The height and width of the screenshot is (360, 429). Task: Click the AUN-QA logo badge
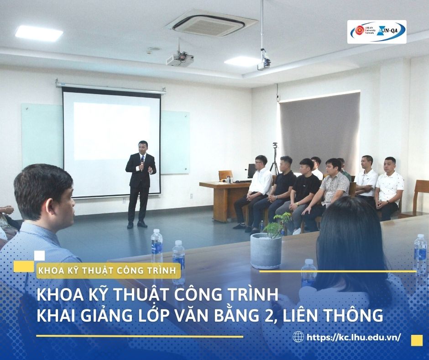tap(377, 32)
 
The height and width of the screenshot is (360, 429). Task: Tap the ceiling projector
tap(180, 59)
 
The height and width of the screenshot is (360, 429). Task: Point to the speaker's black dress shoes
tap(137, 225)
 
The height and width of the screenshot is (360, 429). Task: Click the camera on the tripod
tap(275, 145)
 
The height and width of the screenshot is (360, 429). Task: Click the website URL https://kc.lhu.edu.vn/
tap(354, 337)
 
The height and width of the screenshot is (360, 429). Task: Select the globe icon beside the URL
tap(298, 337)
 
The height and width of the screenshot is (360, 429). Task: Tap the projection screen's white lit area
tap(112, 131)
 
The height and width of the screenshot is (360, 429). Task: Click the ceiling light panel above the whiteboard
tap(39, 33)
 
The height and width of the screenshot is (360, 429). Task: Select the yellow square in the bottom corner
tap(417, 340)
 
